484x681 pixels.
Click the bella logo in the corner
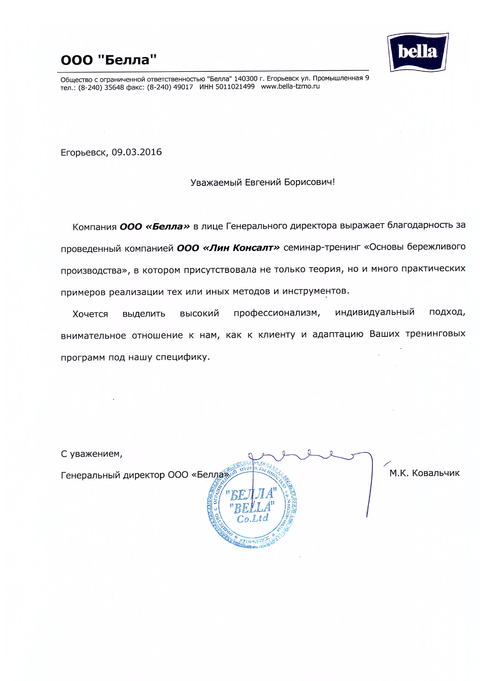417,52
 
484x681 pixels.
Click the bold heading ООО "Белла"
109,60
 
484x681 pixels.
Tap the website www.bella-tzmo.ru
290,86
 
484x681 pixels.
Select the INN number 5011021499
235,87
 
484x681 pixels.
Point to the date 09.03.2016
137,152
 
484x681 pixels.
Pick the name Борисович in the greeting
309,182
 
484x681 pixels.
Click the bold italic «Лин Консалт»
241,248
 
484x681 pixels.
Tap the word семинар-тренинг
322,247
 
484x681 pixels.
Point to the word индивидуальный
374,312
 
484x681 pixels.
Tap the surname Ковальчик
436,473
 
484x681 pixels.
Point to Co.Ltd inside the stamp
253,518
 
